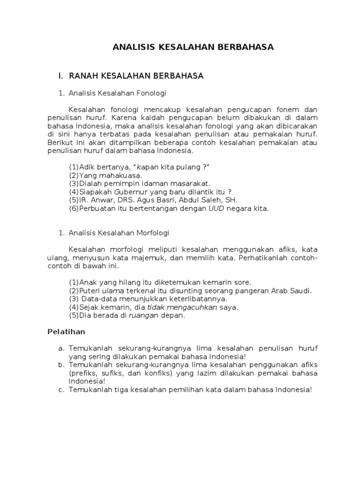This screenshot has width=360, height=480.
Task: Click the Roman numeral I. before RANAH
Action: pyautogui.click(x=60, y=76)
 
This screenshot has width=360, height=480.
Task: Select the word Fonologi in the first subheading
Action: pyautogui.click(x=152, y=93)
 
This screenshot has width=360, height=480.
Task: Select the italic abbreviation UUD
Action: pyautogui.click(x=216, y=209)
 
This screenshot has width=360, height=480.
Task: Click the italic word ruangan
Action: pyautogui.click(x=144, y=316)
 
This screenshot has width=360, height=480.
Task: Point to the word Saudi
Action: pyautogui.click(x=301, y=291)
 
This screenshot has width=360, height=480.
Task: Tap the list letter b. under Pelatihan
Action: pyautogui.click(x=61, y=365)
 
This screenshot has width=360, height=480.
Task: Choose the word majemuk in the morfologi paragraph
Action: pyautogui.click(x=175, y=258)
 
